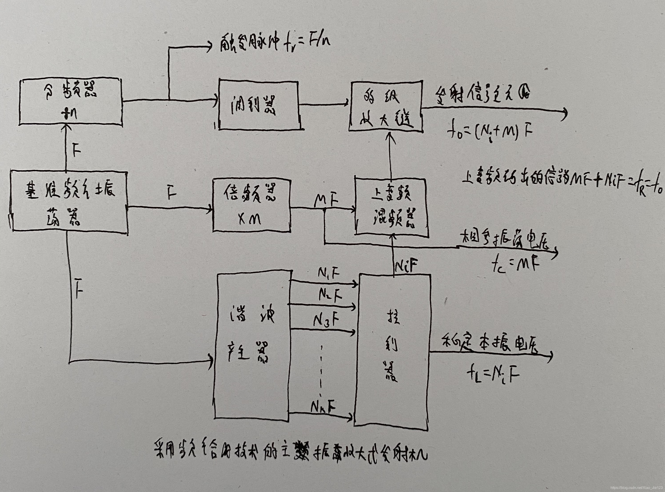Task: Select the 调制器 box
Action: (x=258, y=104)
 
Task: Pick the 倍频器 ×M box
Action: (x=251, y=206)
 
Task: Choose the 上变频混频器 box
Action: (x=391, y=207)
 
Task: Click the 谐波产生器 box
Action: (x=253, y=347)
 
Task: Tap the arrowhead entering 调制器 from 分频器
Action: (x=215, y=100)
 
